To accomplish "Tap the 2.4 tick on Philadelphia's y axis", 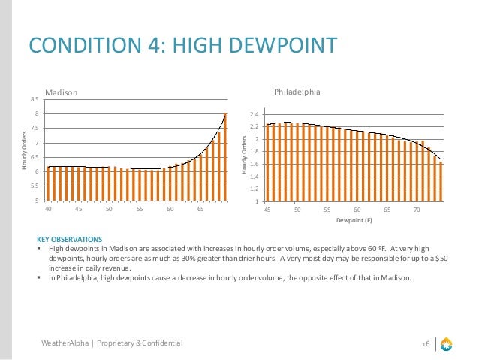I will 255,115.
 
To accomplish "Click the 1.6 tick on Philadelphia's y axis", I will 255,164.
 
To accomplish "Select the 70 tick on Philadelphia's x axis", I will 417,210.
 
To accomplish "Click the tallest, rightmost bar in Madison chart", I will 224,156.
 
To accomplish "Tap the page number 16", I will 425,343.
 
